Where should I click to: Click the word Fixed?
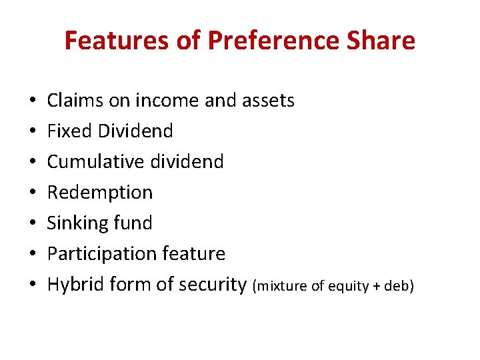(x=69, y=131)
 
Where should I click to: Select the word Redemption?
(x=100, y=192)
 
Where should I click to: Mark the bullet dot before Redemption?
(x=33, y=193)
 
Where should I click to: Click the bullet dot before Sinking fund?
(x=33, y=223)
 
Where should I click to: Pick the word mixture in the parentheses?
(x=281, y=286)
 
